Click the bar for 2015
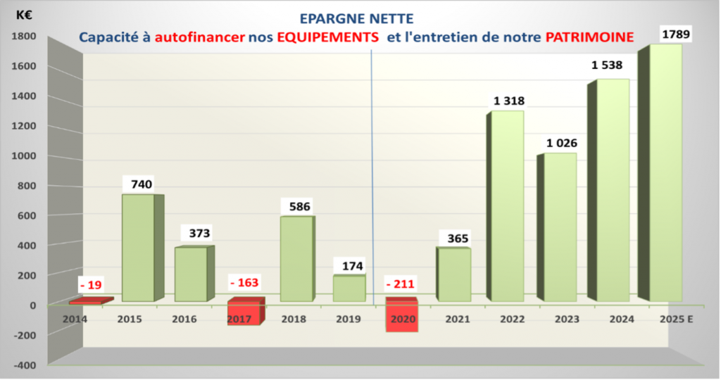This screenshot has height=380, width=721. click(138, 248)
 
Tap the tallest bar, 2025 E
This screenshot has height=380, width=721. click(665, 172)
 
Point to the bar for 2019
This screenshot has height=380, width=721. click(349, 289)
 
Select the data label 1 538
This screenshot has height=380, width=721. click(607, 65)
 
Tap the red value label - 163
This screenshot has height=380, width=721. click(244, 283)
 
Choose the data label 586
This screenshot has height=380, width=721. click(296, 207)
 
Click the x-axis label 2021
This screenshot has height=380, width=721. click(458, 319)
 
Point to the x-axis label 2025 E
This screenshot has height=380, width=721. click(677, 319)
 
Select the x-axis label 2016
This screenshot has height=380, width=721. click(185, 319)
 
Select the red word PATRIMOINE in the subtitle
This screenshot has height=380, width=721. click(586, 35)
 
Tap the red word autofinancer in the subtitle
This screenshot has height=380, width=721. click(200, 36)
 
